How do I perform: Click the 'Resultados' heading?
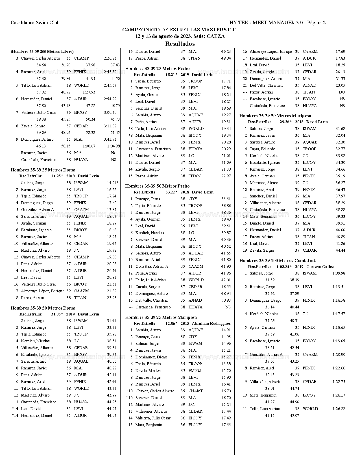tap(180, 44)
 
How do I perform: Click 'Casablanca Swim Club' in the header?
tap(35, 23)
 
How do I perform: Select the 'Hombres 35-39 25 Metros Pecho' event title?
tap(157, 69)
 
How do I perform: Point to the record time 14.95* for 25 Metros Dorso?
tap(57, 176)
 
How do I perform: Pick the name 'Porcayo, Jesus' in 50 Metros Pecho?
tap(148, 199)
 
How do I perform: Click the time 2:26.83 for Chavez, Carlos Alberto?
tap(110, 58)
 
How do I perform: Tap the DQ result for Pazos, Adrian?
tap(342, 92)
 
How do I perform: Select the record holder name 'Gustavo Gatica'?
tap(320, 267)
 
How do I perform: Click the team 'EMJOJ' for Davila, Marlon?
tap(195, 371)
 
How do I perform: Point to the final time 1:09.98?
tap(339, 273)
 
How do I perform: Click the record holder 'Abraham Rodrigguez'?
tap(211, 323)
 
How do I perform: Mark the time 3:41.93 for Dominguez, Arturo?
tap(110, 139)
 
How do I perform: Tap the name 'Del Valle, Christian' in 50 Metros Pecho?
tap(152, 300)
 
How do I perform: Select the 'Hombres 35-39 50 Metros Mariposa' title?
tap(275, 116)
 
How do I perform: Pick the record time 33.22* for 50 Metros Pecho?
tap(171, 192)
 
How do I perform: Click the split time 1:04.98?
tap(113, 146)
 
